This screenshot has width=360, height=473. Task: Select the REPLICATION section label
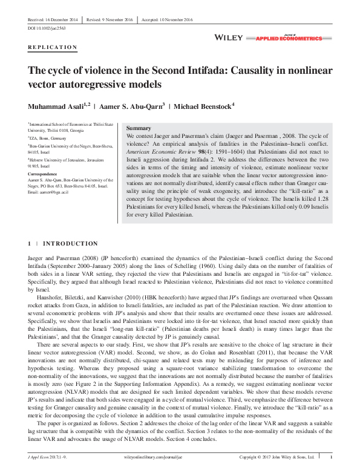[53, 47]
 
